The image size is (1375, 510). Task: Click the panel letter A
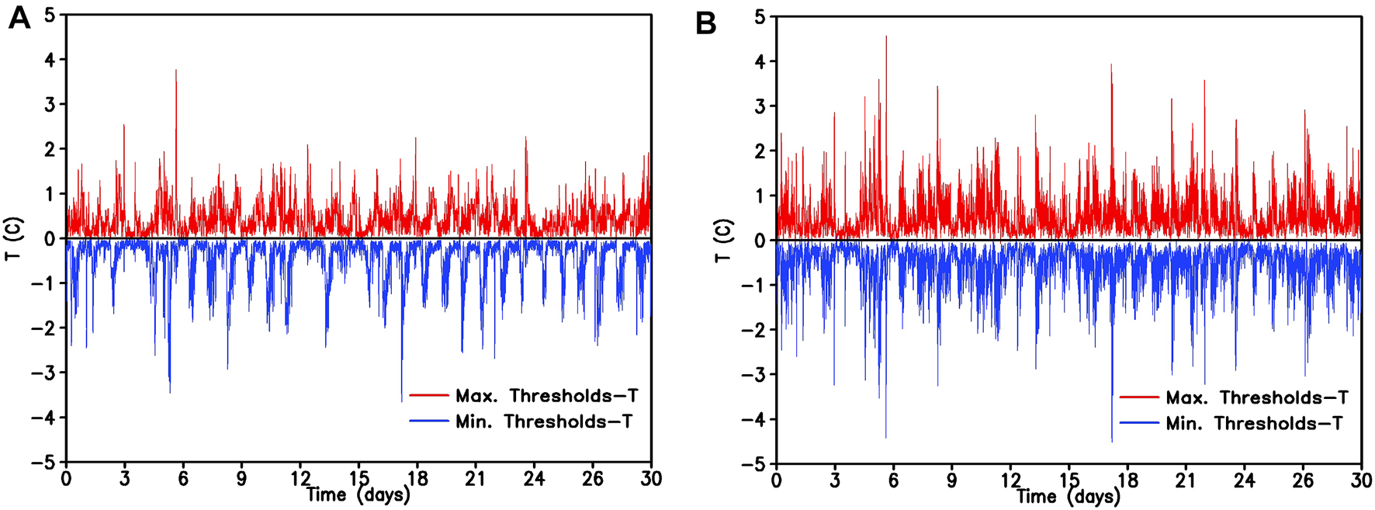pos(19,17)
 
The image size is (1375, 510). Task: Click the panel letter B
pos(705,23)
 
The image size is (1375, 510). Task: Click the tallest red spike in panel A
pos(176,71)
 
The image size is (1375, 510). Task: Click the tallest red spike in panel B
pos(886,37)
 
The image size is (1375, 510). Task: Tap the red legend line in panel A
pos(428,396)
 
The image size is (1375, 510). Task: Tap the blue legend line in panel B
pos(1139,423)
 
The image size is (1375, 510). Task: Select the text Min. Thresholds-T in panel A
pos(543,422)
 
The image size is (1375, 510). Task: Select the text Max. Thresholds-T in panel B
pos(1256,397)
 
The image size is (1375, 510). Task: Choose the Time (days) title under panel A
pos(358,494)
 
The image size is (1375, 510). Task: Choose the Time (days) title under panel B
pos(1068,496)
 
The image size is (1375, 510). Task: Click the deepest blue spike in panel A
pos(401,401)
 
